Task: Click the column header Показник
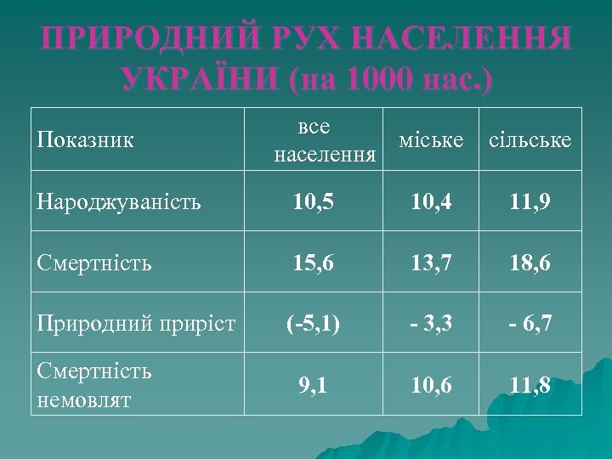(86, 139)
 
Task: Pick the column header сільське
(530, 139)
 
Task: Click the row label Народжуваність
(119, 201)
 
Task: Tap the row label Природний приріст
(136, 322)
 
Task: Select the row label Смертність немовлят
(94, 385)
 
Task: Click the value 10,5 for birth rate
(314, 202)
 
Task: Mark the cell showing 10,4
(432, 202)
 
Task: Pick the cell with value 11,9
(532, 202)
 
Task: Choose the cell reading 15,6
(314, 263)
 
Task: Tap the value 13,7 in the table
(432, 263)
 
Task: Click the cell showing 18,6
(532, 263)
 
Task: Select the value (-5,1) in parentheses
(314, 323)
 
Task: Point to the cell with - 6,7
(532, 323)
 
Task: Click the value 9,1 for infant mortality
(314, 385)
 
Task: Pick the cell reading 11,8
(532, 385)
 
